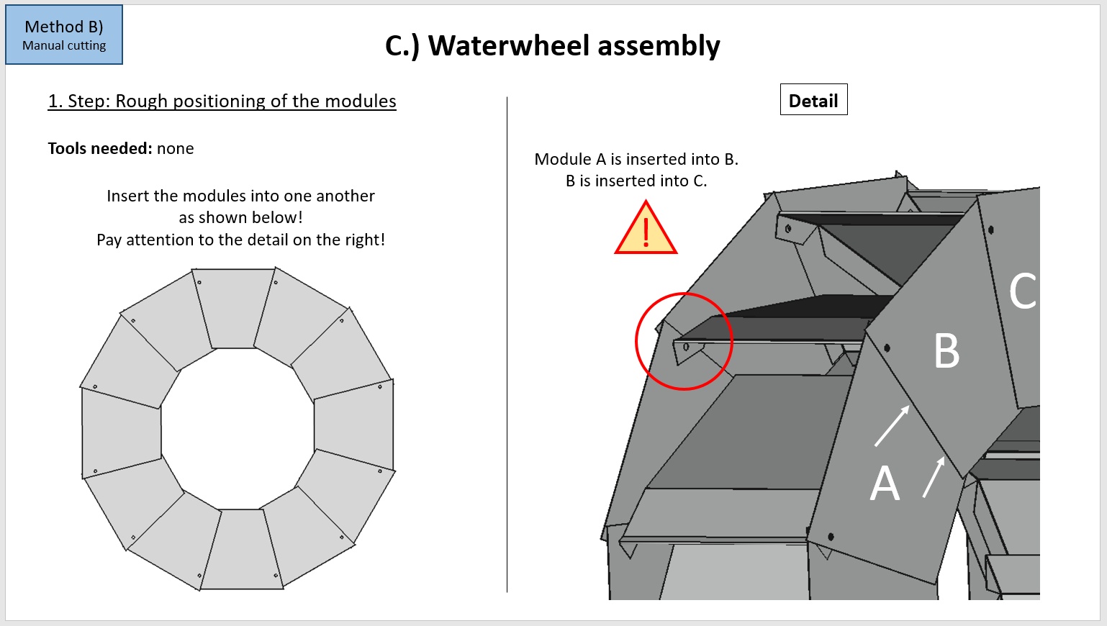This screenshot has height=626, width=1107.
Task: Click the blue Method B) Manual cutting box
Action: pyautogui.click(x=64, y=35)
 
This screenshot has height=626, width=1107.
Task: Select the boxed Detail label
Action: pyautogui.click(x=813, y=100)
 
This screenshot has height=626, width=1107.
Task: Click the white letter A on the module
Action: pyautogui.click(x=885, y=484)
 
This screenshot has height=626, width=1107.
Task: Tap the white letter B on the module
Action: pyautogui.click(x=946, y=351)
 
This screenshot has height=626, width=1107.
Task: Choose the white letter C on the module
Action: pyautogui.click(x=1022, y=291)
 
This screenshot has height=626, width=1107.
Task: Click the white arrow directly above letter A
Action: pyautogui.click(x=892, y=426)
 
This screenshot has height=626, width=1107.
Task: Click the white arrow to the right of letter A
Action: pyautogui.click(x=934, y=477)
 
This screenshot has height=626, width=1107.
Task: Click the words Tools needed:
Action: pyautogui.click(x=100, y=148)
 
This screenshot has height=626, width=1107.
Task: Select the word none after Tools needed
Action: pyautogui.click(x=176, y=148)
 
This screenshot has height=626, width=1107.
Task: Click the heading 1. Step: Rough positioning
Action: pyautogui.click(x=222, y=101)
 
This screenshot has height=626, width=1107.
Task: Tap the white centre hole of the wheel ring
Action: pyautogui.click(x=238, y=429)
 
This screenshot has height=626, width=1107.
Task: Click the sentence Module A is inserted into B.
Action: pyautogui.click(x=636, y=159)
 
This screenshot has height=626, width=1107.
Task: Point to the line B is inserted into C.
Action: pyautogui.click(x=636, y=181)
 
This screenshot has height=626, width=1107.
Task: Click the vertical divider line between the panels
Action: pyautogui.click(x=507, y=345)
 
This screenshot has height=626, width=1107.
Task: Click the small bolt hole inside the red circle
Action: pyautogui.click(x=686, y=347)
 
